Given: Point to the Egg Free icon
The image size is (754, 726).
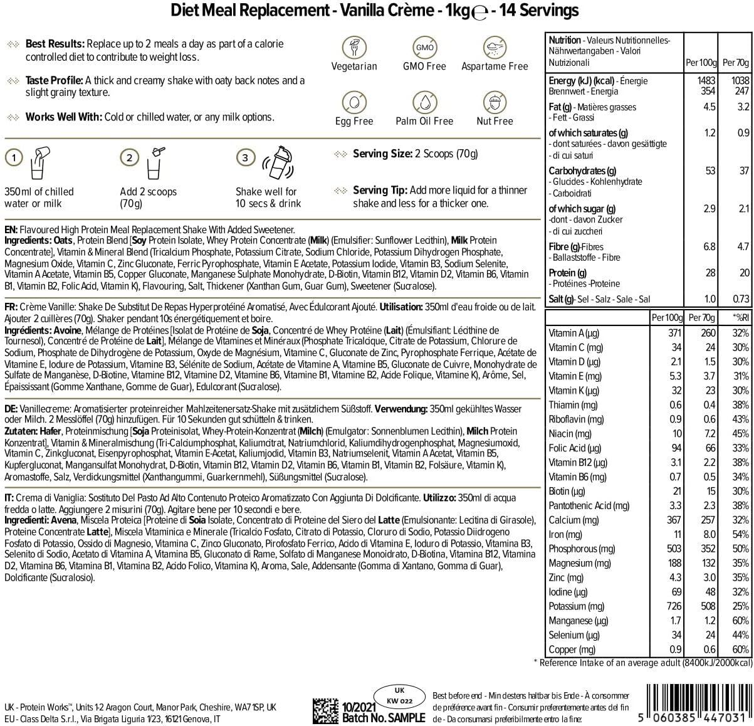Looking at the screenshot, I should tap(354, 102).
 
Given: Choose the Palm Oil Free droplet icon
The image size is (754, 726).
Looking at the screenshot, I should tap(424, 102).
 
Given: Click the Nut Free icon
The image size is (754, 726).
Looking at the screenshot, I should tap(495, 102).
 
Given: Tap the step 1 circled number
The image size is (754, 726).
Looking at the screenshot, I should tap(13, 157).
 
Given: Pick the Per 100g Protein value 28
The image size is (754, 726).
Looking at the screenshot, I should tap(709, 273).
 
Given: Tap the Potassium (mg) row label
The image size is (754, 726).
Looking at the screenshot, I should tap(577, 606).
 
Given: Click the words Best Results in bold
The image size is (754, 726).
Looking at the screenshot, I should tap(55, 44).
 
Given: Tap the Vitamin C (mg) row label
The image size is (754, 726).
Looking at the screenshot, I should tap(576, 347).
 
